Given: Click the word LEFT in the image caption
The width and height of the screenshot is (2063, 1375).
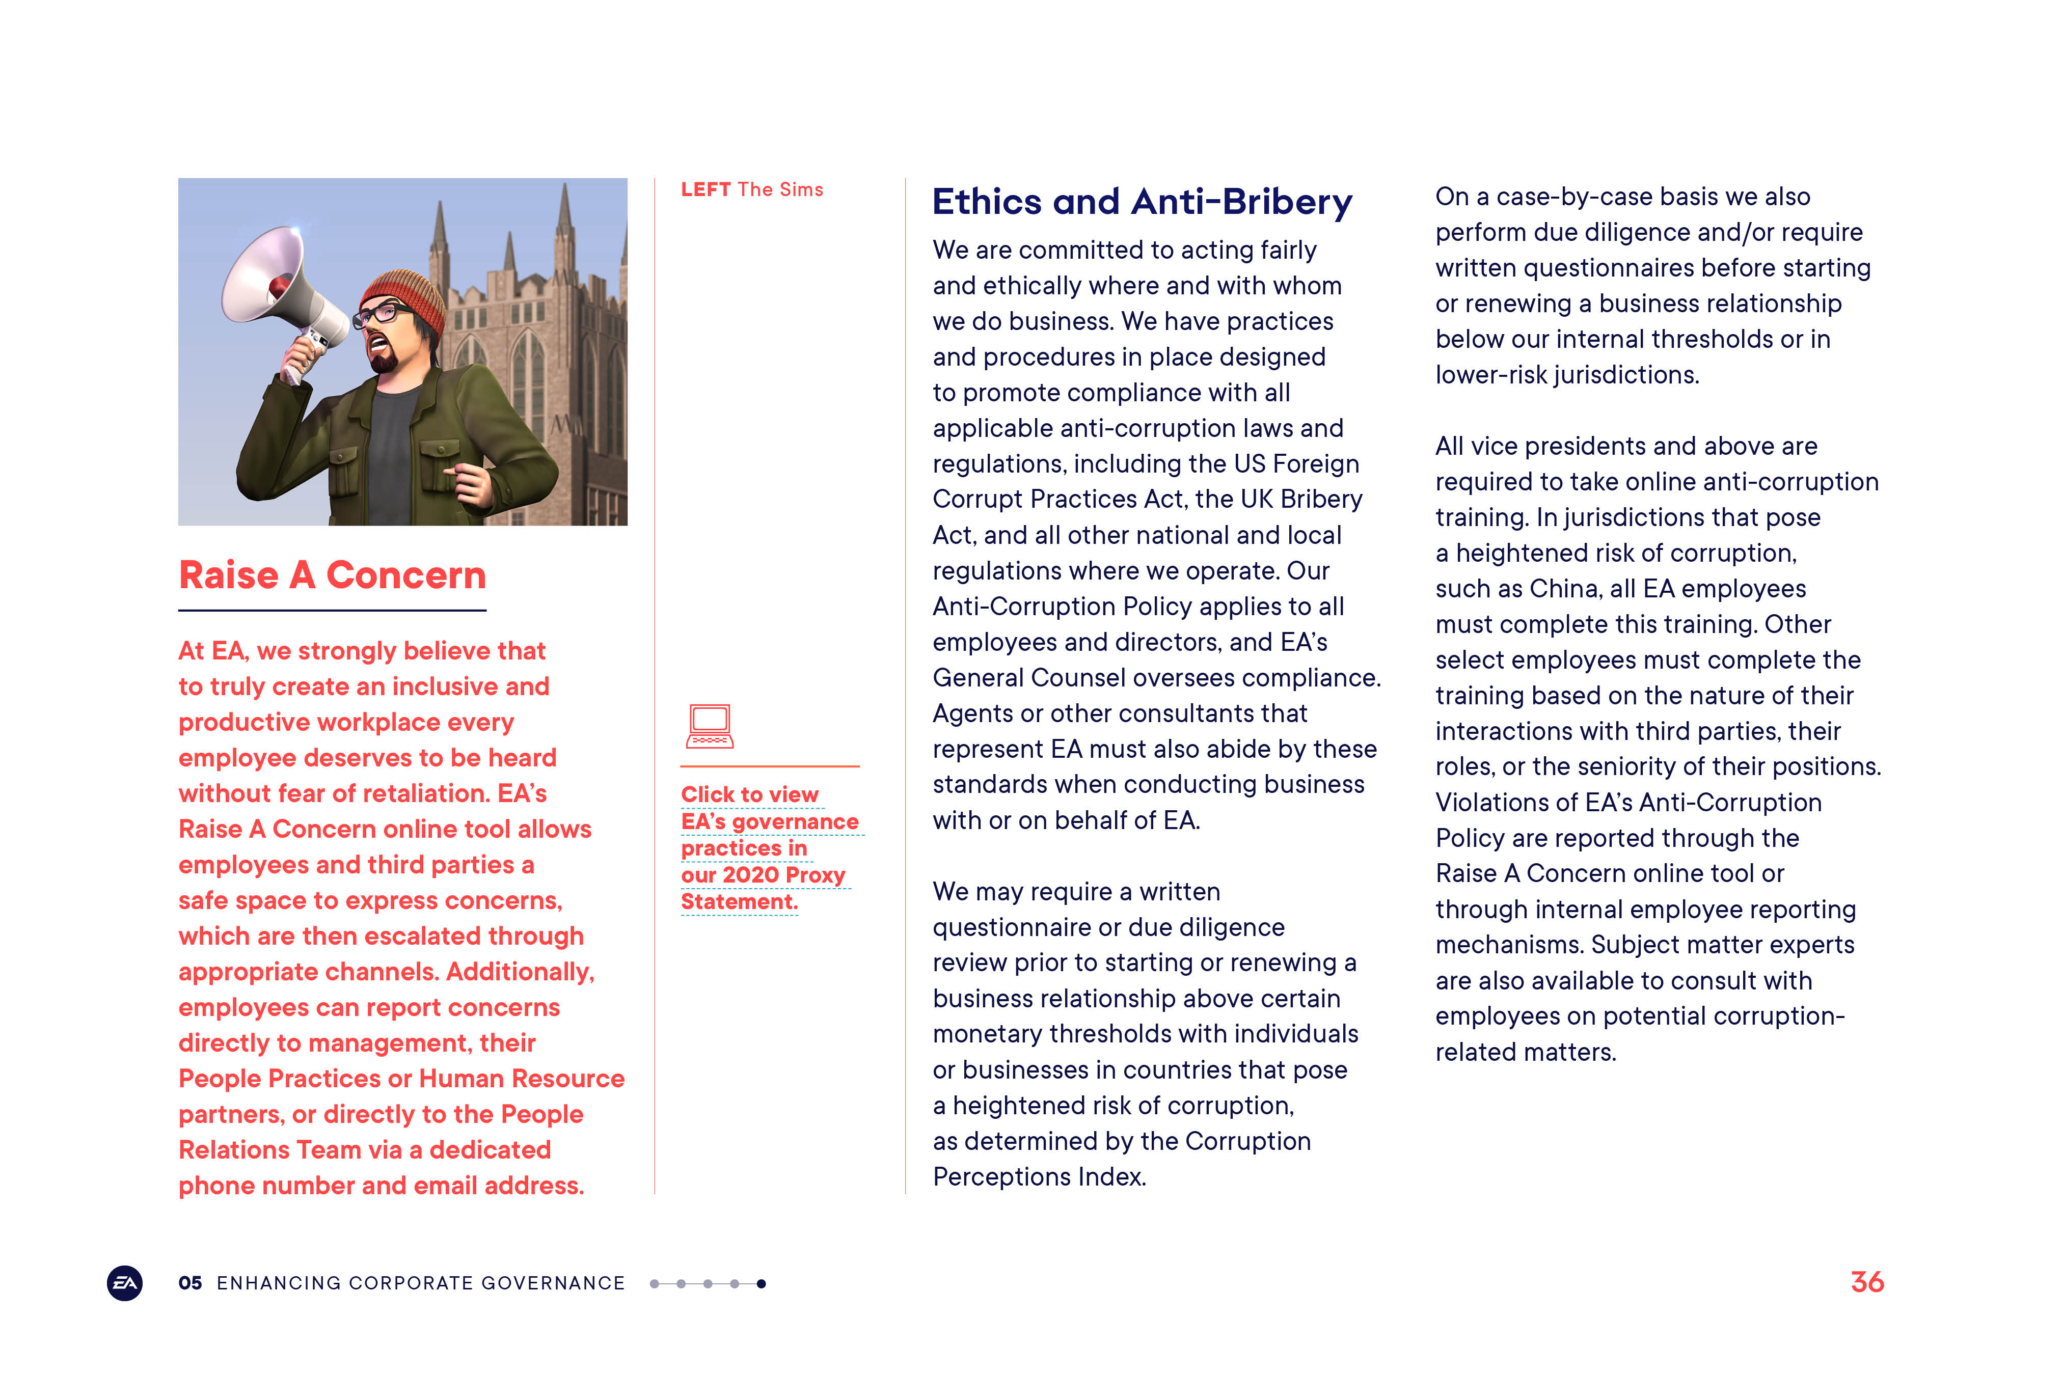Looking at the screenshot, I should tap(705, 189).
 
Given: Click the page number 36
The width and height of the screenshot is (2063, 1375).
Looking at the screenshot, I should tap(1866, 1282).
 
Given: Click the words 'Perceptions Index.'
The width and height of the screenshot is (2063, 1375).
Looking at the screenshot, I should tap(1039, 1177).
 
